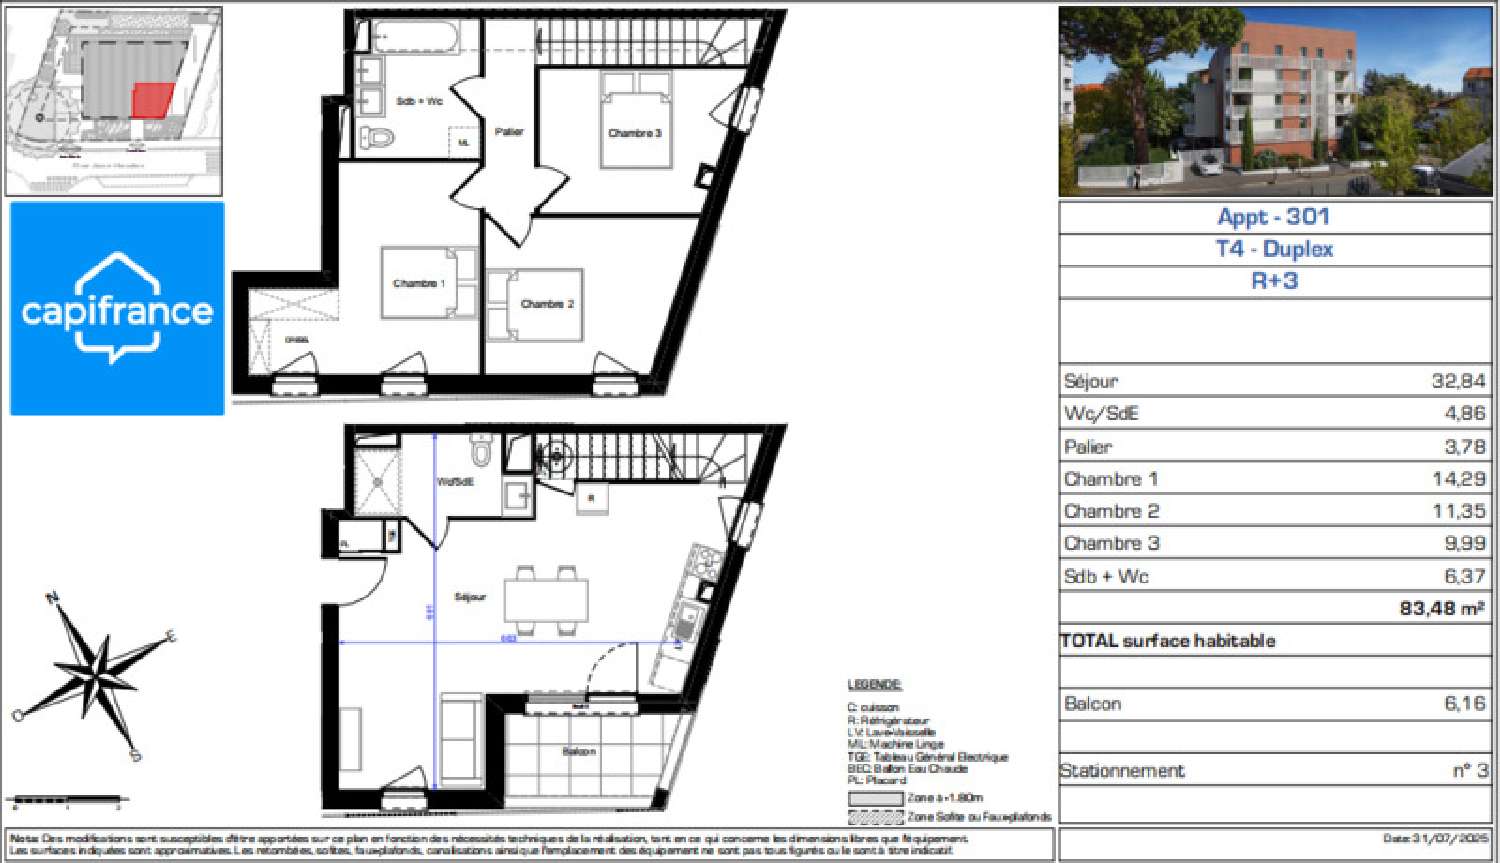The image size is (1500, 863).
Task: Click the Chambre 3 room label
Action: pyautogui.click(x=635, y=133)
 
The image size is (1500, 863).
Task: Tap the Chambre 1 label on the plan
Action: pyautogui.click(x=419, y=283)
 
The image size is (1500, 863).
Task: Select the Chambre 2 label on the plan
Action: pyautogui.click(x=547, y=304)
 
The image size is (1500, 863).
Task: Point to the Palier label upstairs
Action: pyautogui.click(x=509, y=132)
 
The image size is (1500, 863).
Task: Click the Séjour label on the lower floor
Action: pyautogui.click(x=470, y=597)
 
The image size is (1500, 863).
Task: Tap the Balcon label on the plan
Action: pyautogui.click(x=579, y=751)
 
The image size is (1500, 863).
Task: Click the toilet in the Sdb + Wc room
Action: pyautogui.click(x=377, y=137)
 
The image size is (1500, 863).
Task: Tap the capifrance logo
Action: pyautogui.click(x=117, y=308)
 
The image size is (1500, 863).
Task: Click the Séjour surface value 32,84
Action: pyautogui.click(x=1458, y=381)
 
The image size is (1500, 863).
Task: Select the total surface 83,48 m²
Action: pyautogui.click(x=1441, y=607)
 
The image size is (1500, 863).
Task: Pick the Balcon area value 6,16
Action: pyautogui.click(x=1464, y=704)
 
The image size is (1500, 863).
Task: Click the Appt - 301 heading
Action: pyautogui.click(x=1273, y=217)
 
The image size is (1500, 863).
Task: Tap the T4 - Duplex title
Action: pyautogui.click(x=1274, y=249)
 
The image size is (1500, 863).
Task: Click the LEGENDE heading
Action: pyautogui.click(x=874, y=685)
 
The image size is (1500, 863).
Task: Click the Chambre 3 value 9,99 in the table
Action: pyautogui.click(x=1464, y=543)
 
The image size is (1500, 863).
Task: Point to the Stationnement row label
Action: pyautogui.click(x=1122, y=771)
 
